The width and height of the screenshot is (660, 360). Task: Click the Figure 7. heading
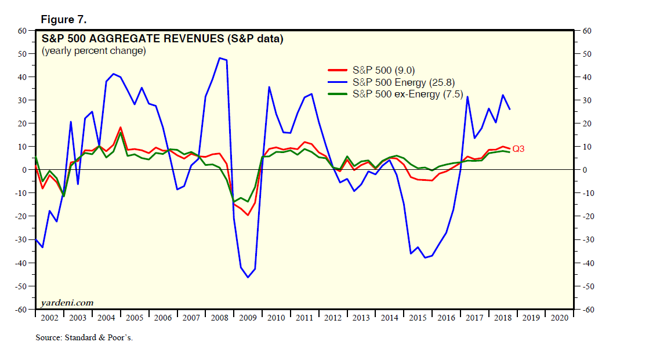(x=63, y=20)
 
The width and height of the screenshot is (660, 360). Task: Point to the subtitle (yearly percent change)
(x=93, y=51)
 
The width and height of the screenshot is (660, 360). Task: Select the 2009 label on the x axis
(x=248, y=318)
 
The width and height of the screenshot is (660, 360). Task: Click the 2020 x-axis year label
(x=559, y=318)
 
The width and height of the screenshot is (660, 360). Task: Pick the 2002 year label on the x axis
(x=49, y=318)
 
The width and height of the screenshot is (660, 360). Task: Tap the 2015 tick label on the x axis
(x=418, y=318)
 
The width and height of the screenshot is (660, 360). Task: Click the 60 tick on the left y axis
(x=23, y=30)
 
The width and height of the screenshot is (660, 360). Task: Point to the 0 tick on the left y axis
(x=25, y=170)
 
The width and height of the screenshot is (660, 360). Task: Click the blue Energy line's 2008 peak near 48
(x=220, y=58)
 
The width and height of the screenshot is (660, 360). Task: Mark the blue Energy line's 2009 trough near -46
(x=248, y=277)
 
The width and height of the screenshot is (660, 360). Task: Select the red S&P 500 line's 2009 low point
(x=248, y=215)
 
